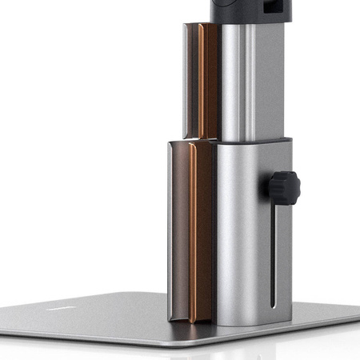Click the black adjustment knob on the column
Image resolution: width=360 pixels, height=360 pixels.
coord(284,187)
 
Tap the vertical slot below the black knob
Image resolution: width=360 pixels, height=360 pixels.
coord(276,256)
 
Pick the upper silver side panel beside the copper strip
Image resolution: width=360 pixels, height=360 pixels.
coord(191,80)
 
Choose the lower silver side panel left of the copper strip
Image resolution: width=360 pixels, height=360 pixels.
coord(178,232)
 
